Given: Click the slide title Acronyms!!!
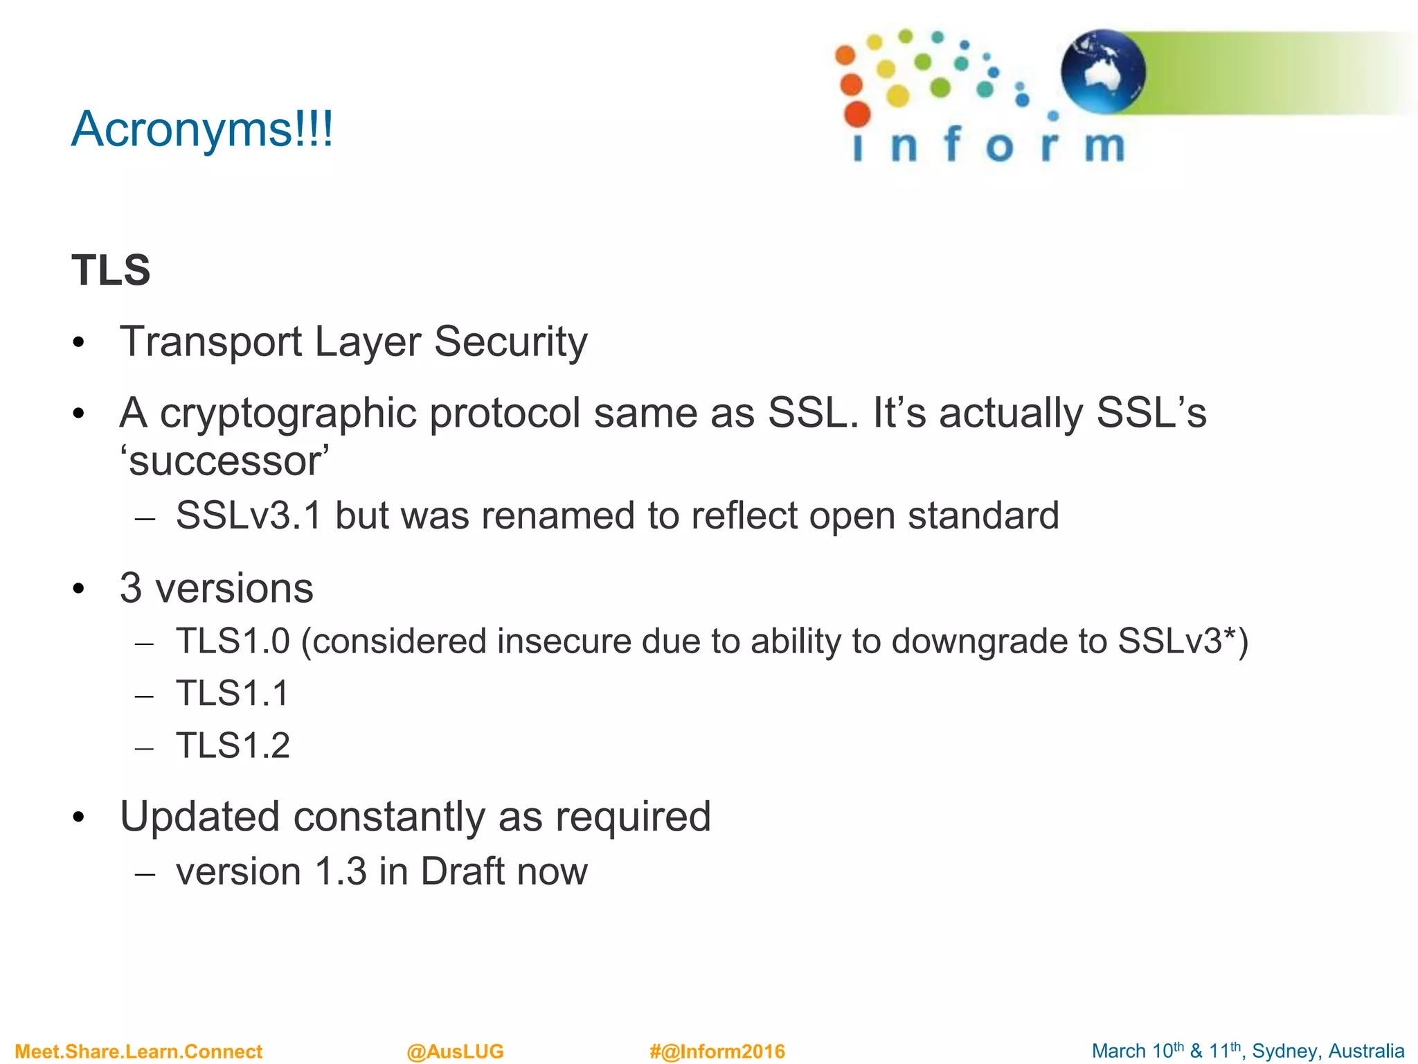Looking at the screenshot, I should (201, 130).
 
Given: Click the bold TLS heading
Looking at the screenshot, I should (111, 270).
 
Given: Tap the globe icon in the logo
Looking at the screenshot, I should (1102, 72).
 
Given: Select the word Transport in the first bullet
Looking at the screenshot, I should (211, 342).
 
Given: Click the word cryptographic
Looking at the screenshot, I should (288, 414).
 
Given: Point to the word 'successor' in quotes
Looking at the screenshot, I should (224, 461).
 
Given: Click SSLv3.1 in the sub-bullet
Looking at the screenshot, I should (249, 516).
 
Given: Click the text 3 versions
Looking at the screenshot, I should (216, 589).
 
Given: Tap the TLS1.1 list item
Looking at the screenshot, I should (232, 693).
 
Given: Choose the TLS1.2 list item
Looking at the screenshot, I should (233, 746).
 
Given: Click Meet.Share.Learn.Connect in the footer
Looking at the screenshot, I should (138, 1052).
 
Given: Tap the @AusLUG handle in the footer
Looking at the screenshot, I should (455, 1052).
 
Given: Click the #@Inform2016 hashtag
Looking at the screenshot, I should (717, 1052).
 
